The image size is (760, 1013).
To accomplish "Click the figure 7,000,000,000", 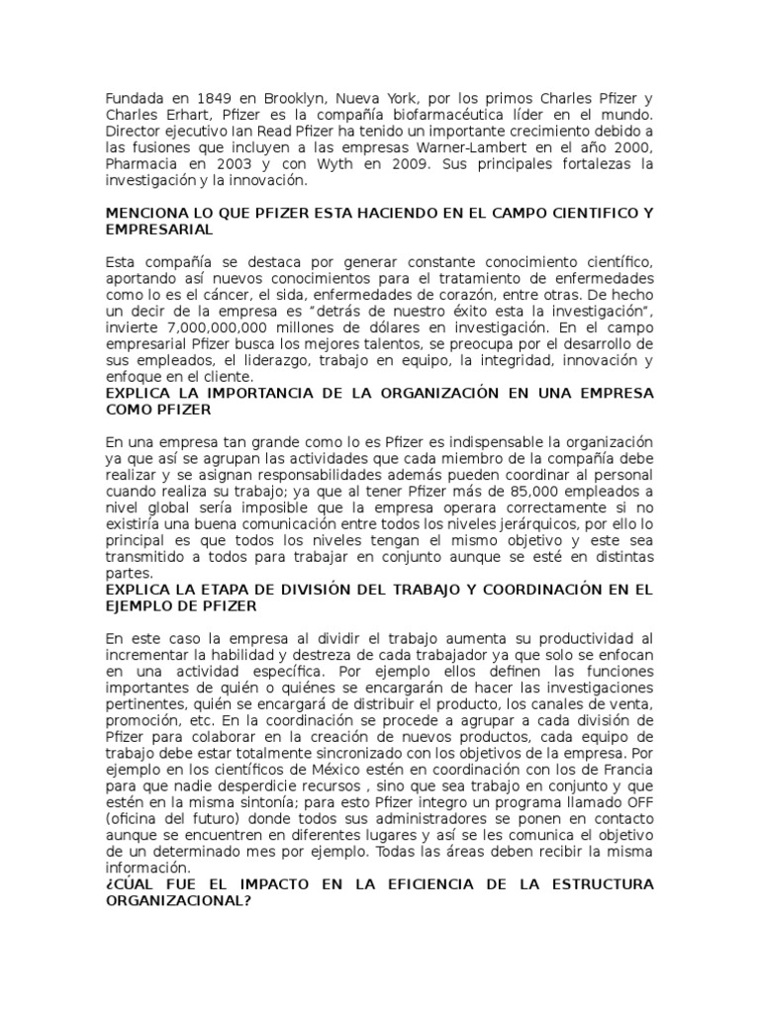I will point(217,325).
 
